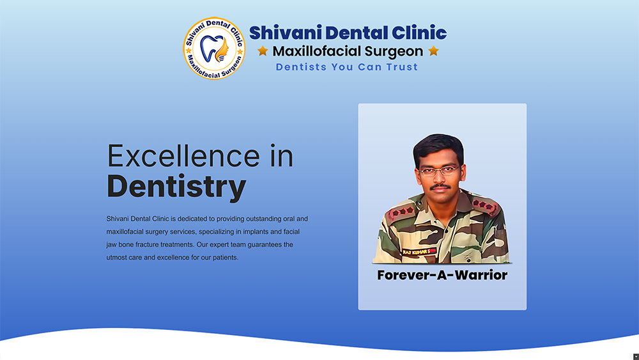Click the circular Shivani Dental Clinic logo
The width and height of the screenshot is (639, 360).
214,48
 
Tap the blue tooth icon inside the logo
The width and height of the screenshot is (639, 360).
209,49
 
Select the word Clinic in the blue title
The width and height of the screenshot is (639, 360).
419,33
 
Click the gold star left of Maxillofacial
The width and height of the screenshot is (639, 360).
263,51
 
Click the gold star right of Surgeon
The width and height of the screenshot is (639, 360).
434,51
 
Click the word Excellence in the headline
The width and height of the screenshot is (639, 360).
183,156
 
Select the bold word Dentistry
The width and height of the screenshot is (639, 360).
176,186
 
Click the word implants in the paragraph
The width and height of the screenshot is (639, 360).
256,231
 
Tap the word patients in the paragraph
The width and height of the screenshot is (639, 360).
226,258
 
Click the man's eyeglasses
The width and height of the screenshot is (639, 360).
440,171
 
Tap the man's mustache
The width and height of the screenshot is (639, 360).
440,187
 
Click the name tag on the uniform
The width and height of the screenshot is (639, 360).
419,252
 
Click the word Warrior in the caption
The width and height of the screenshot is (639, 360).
481,275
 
